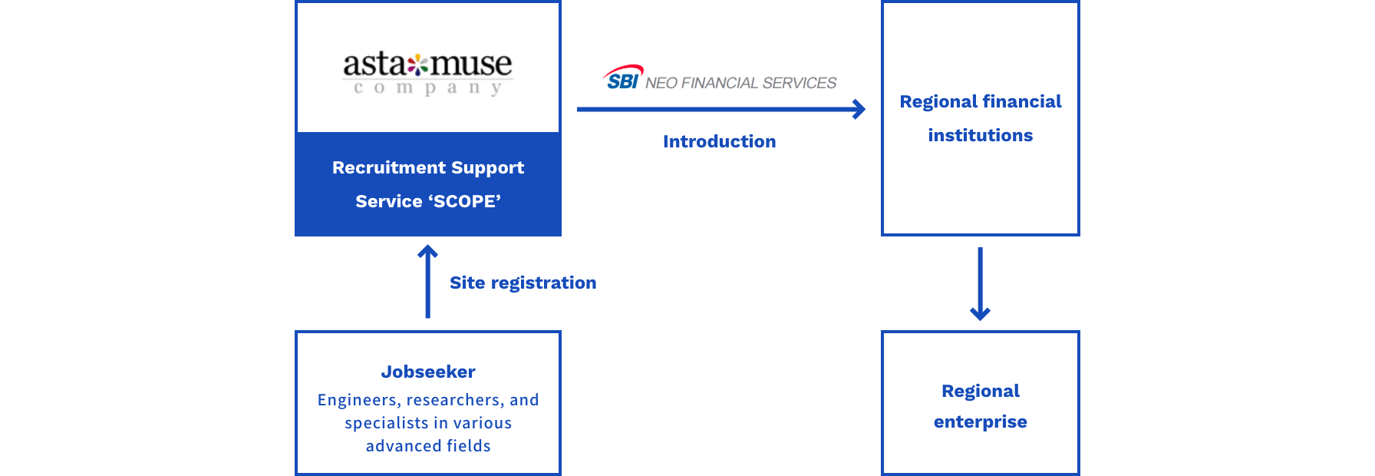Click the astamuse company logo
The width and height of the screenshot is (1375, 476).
428,74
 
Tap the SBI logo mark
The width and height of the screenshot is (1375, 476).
623,78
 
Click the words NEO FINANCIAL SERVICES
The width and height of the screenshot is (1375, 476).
740,83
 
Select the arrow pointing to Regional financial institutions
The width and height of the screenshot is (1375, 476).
721,109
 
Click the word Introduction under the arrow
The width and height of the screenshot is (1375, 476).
720,141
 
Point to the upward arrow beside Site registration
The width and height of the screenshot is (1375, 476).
428,281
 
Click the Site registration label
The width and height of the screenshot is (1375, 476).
523,283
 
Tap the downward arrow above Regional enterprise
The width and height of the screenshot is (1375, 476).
980,283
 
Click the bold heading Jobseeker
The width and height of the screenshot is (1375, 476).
428,372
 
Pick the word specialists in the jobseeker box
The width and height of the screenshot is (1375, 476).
386,423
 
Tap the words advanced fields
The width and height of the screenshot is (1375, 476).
428,446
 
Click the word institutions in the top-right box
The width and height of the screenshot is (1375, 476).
981,135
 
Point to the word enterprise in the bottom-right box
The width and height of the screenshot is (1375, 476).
981,422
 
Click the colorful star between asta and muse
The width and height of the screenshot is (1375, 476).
417,64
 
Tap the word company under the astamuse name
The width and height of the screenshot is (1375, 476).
428,88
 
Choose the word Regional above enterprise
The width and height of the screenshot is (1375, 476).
981,391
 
